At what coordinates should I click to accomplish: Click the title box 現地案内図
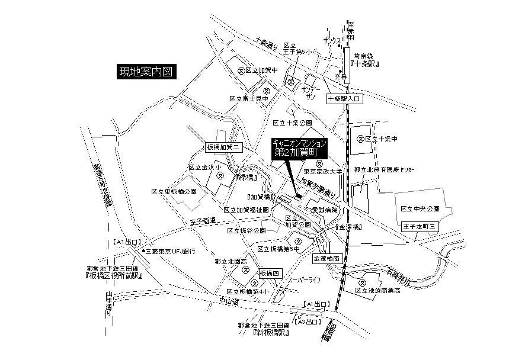click(x=146, y=73)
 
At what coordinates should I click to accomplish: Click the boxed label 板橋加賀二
click(x=222, y=147)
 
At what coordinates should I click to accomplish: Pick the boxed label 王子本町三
click(x=420, y=226)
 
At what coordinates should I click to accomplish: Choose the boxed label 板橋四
click(x=270, y=274)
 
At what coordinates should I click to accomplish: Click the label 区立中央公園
click(x=420, y=209)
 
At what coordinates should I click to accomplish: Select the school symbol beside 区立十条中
click(x=360, y=139)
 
